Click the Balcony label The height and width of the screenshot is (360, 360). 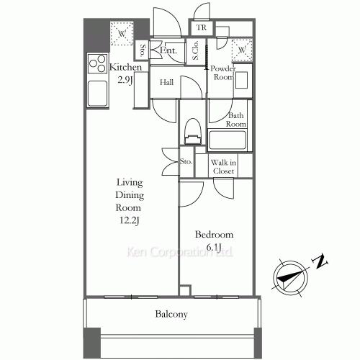pos(171,314)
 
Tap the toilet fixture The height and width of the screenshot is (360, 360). pos(192,131)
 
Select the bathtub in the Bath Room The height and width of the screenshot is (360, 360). pos(228,140)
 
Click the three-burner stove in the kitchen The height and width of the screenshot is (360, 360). pos(97,63)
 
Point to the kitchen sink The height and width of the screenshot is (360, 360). pos(97,94)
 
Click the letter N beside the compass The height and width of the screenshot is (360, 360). pos(320,261)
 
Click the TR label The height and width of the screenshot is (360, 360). pos(202,27)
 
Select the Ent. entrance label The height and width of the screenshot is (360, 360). pos(168,50)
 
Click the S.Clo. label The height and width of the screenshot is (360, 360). pos(195,50)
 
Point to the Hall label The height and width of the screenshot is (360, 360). pos(166,82)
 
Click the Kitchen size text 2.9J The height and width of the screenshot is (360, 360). pos(125,80)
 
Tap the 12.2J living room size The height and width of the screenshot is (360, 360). pos(130,220)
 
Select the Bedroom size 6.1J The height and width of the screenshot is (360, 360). pos(213,247)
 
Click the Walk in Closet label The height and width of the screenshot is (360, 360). pos(223,166)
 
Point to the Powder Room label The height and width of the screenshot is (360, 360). pos(222,73)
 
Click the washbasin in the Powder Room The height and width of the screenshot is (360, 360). pos(241,80)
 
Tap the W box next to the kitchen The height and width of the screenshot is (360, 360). pos(122,34)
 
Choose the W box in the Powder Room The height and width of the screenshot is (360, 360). pos(242,50)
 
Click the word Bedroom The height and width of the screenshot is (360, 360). pos(214,234)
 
